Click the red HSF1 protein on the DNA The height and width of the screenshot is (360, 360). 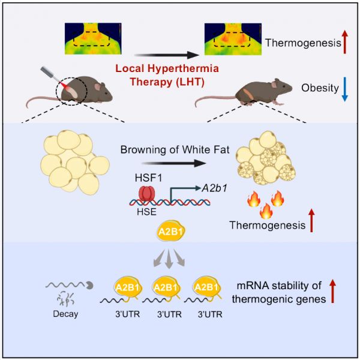146,194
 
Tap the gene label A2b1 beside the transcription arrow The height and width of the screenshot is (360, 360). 214,188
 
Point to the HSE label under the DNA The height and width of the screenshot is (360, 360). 146,212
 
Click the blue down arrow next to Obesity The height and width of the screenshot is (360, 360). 345,89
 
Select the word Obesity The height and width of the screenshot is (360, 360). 320,88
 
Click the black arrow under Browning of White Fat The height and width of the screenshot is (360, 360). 173,163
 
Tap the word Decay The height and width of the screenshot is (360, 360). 65,314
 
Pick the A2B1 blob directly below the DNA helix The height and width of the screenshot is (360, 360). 170,232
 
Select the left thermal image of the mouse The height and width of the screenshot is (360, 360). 93,38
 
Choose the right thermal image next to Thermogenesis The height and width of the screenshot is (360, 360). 233,39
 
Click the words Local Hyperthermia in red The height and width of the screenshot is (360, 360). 167,68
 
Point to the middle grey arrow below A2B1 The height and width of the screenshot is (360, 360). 169,259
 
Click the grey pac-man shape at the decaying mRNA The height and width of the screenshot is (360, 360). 89,285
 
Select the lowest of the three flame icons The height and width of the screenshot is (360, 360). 266,211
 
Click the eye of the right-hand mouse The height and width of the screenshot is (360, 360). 284,87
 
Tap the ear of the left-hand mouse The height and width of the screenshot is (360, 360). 98,87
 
